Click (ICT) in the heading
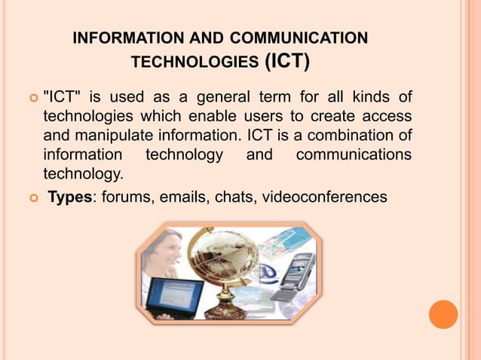286,61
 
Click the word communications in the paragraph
354,156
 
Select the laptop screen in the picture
175,294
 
